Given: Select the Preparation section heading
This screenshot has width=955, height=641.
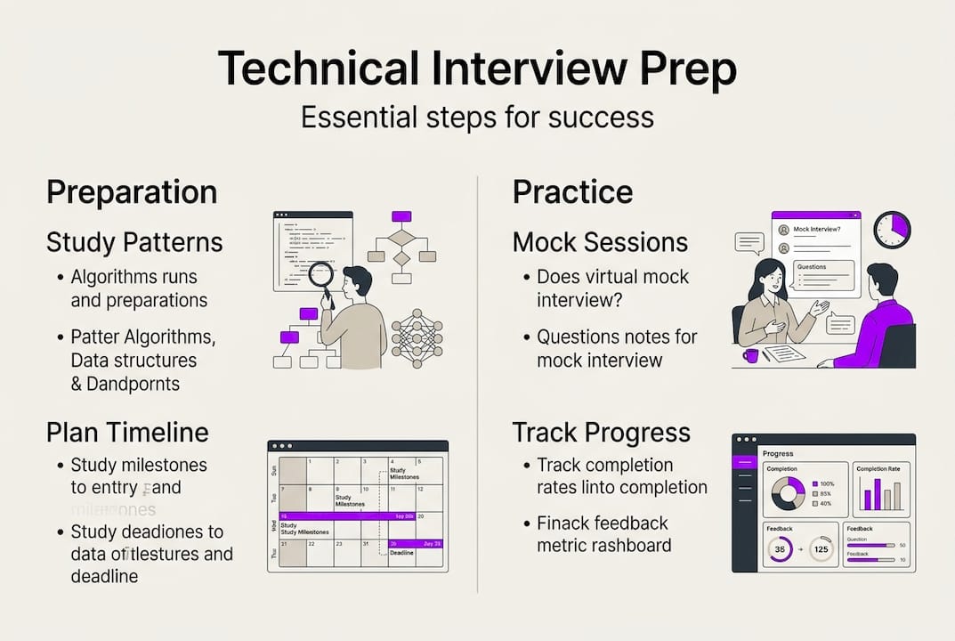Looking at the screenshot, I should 132,191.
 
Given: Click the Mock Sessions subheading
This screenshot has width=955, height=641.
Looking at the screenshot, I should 600,242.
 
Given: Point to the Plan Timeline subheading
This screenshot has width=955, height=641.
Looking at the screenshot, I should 127,433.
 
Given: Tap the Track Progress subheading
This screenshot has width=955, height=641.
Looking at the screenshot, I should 601,433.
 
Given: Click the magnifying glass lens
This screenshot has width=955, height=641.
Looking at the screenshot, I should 320,274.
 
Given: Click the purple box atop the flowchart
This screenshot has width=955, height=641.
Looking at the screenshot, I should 401,216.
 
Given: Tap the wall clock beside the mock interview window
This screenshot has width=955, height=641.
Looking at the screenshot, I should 892,230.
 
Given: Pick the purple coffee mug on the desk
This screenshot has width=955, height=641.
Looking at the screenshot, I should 750,355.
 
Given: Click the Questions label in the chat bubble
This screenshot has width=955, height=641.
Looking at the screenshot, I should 811,266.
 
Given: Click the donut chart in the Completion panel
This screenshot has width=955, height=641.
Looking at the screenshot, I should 788,493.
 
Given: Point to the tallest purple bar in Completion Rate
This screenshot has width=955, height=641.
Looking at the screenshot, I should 878,493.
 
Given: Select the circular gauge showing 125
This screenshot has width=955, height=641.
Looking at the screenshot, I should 820,549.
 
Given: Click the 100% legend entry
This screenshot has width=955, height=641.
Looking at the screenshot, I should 823,483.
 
